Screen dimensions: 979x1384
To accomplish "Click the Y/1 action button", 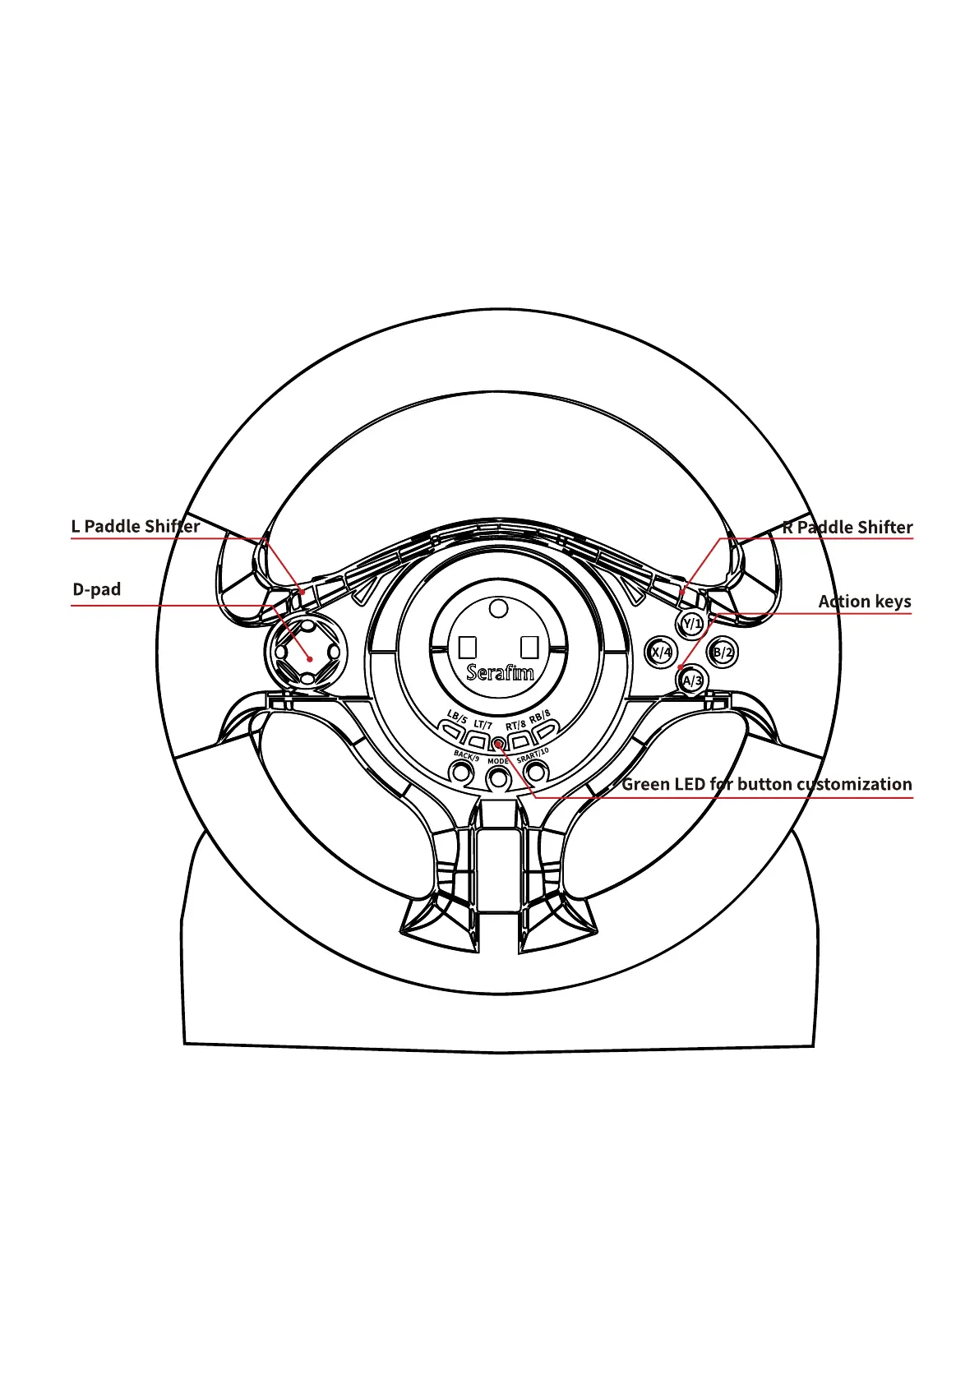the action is [x=692, y=624].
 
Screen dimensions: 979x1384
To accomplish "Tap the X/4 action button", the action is [x=660, y=653].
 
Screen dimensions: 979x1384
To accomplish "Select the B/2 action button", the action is [x=722, y=653].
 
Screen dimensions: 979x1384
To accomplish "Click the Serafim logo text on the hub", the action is [x=499, y=673].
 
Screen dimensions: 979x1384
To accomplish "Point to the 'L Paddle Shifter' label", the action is [x=136, y=526].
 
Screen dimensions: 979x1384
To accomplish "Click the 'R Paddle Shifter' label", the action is [x=847, y=527].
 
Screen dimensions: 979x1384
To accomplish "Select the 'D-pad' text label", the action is [x=97, y=589].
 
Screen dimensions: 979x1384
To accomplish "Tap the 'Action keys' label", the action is [x=864, y=602].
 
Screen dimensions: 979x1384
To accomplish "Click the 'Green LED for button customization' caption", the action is [x=766, y=784].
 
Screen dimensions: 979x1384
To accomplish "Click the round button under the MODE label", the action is [x=498, y=775].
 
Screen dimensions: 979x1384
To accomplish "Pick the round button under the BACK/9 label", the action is [x=462, y=773].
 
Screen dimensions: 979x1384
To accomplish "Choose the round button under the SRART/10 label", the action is [x=536, y=772].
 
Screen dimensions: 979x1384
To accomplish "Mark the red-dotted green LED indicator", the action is [x=498, y=745].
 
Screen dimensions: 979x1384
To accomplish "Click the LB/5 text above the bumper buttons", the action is [x=457, y=717].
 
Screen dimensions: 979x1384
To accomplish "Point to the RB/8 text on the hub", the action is [x=540, y=715].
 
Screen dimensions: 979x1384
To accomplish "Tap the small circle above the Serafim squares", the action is [x=498, y=609].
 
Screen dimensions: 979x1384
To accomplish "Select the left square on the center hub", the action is [x=468, y=647].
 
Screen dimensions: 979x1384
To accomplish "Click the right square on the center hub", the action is [x=529, y=647].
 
